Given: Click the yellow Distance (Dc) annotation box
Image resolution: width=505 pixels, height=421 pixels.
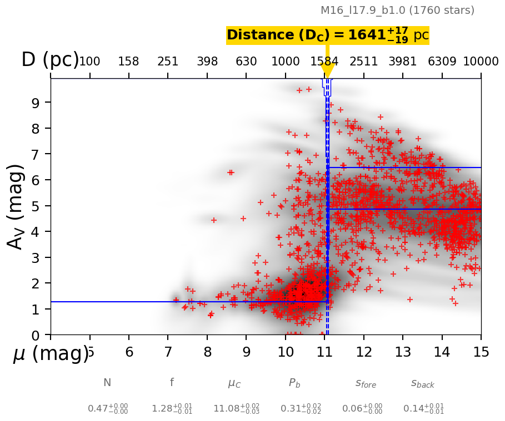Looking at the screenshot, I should (327, 35).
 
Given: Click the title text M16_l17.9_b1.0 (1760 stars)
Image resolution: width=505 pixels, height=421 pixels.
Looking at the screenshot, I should (397, 11).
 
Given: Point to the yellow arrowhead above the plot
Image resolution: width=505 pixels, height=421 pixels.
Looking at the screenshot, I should (327, 71).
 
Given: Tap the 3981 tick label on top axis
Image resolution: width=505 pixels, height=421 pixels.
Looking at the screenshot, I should (403, 62).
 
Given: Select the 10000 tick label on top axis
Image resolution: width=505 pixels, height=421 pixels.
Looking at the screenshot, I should (481, 62).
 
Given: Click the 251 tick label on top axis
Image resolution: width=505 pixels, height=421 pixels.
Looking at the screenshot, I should (168, 62).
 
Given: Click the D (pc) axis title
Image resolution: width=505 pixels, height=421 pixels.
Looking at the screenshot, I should (50, 60).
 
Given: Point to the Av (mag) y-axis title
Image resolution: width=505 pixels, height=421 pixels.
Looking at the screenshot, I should (16, 206).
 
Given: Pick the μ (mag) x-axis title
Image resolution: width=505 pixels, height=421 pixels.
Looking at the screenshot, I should (50, 353).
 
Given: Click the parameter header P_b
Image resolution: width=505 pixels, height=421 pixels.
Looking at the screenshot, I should (294, 383).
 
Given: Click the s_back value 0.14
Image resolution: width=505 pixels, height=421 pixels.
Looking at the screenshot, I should (423, 409).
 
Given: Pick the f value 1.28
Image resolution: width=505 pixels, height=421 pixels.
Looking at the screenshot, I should (172, 409).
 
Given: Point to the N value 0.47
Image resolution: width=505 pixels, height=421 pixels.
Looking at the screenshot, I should (107, 409).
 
